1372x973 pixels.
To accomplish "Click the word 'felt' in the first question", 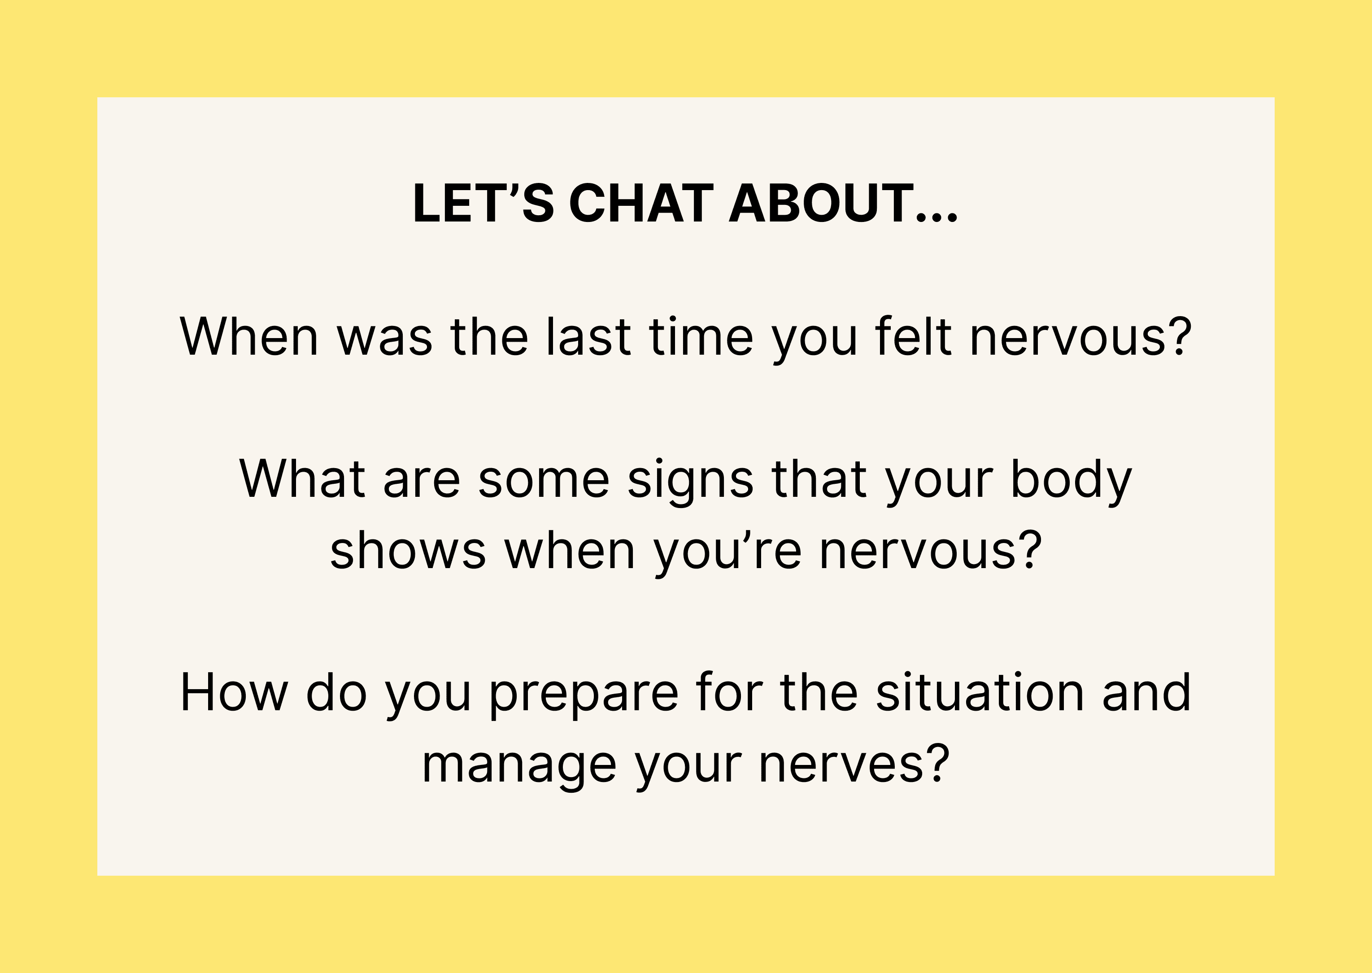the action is click(913, 337).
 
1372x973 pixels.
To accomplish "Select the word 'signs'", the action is click(690, 483).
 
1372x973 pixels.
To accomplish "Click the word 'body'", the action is click(1071, 483).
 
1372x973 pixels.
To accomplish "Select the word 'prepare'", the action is click(584, 697).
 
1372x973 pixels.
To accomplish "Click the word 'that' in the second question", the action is click(819, 479).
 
